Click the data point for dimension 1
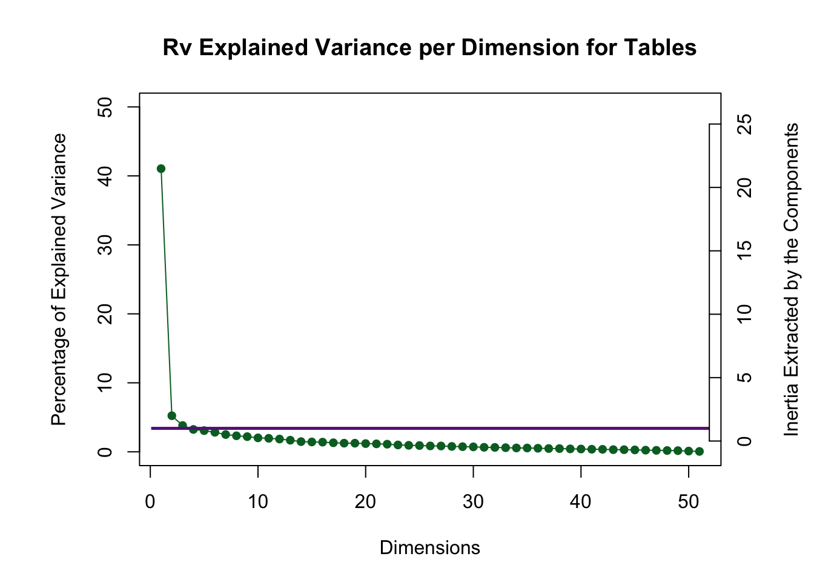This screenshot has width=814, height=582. (x=161, y=169)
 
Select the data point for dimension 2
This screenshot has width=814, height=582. (x=171, y=416)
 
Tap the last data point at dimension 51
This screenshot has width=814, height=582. (x=700, y=451)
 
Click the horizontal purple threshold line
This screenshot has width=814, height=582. (x=424, y=428)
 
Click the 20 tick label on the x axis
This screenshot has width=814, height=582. (x=366, y=502)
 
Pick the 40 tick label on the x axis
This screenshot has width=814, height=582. (x=581, y=502)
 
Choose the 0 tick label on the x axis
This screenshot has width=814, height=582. (x=150, y=502)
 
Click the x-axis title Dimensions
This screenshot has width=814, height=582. (x=429, y=548)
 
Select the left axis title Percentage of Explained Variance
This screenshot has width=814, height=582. (x=59, y=279)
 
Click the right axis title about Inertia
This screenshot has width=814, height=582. (x=791, y=279)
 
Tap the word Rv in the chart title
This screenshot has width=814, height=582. (x=177, y=47)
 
